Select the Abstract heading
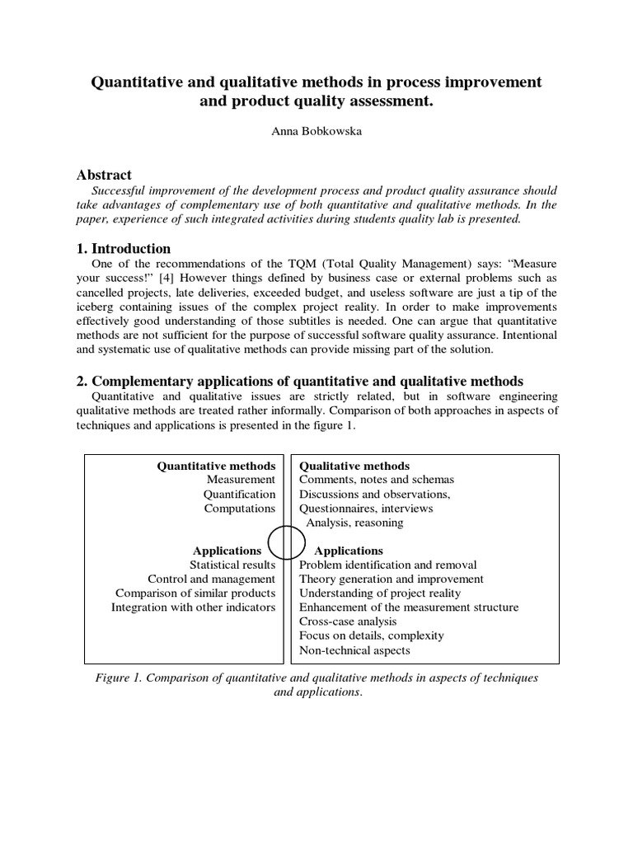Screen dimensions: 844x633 coord(104,175)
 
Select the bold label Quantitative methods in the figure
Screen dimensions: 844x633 coord(216,467)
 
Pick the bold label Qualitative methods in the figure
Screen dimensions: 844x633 coord(354,467)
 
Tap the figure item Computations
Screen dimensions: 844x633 coord(240,509)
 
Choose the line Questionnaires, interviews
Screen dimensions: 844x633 coord(366,509)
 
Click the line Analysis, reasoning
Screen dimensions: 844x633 coord(354,523)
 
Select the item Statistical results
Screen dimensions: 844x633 coord(232,565)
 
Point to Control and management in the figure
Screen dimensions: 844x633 coord(212,579)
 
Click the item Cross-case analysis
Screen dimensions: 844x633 coord(348,621)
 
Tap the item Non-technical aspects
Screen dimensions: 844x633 coord(354,650)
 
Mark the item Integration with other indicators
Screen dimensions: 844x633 coord(194,607)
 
